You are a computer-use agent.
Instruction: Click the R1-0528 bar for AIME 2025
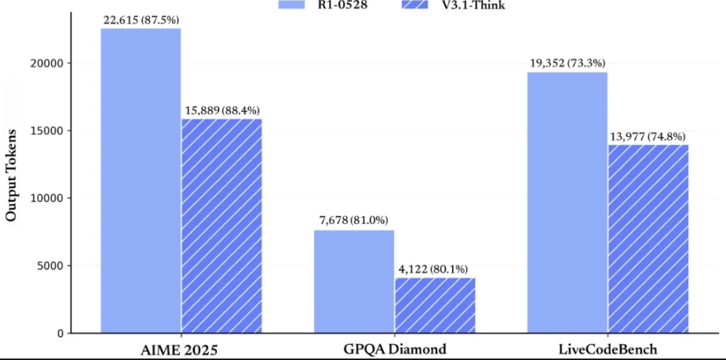(141, 181)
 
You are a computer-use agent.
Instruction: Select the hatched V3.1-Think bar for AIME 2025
(222, 226)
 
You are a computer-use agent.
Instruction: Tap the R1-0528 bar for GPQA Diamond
(354, 281)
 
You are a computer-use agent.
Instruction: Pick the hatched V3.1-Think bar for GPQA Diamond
(435, 305)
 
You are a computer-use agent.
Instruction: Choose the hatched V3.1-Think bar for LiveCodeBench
(648, 239)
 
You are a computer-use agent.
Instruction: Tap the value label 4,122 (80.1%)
(435, 268)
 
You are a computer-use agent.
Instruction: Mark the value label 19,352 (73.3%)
(568, 63)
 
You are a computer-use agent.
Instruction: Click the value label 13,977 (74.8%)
(649, 136)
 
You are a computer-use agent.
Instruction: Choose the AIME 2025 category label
(181, 348)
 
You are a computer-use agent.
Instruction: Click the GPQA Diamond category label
(394, 348)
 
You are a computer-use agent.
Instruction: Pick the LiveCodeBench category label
(607, 348)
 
